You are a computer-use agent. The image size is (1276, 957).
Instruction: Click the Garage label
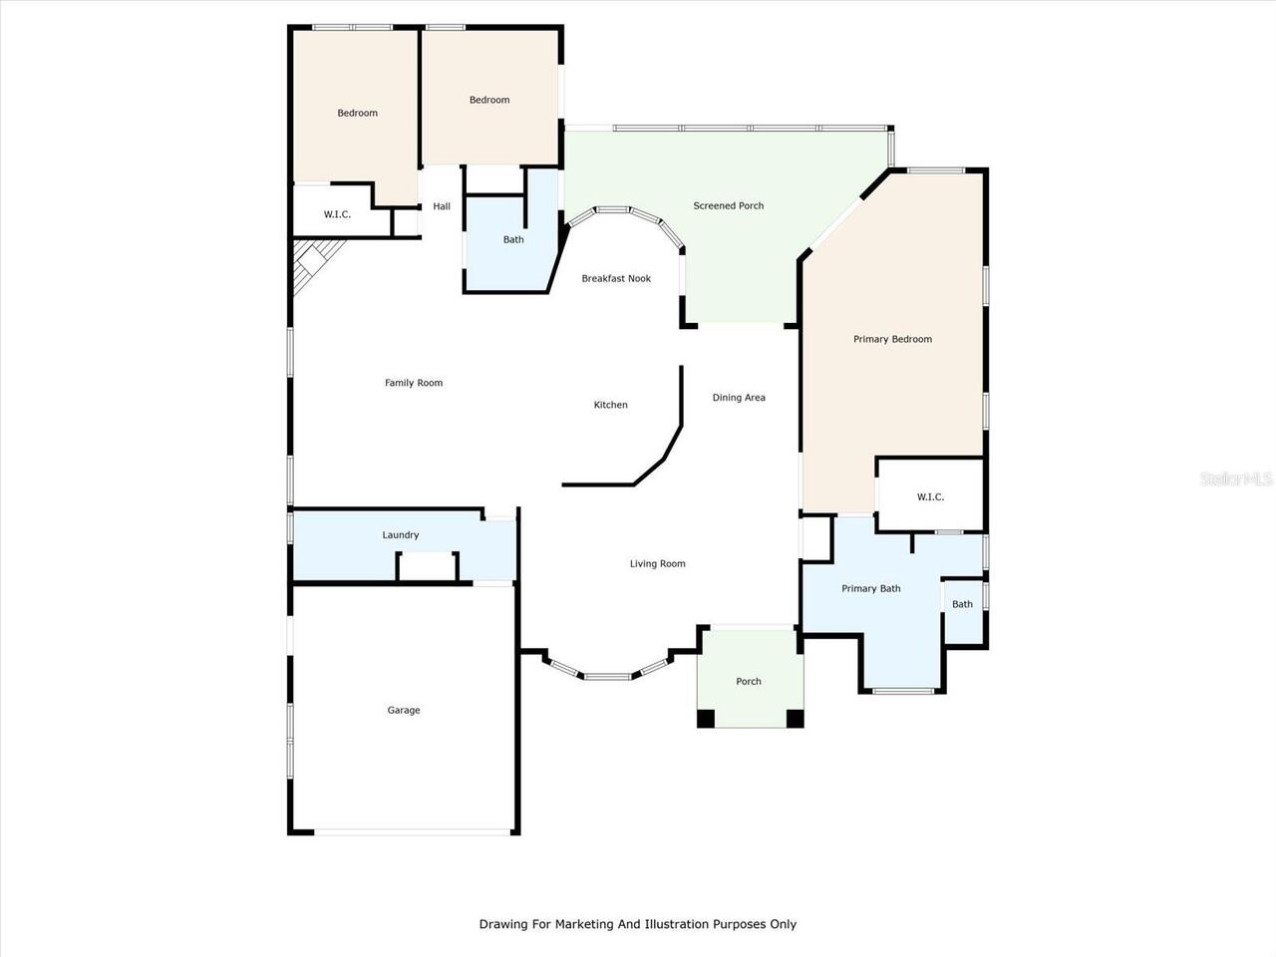coord(404,711)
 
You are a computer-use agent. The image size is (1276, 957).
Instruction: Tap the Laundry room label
coord(401,535)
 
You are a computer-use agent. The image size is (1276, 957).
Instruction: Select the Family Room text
coord(414,383)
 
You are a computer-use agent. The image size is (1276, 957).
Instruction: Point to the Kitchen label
coord(611,405)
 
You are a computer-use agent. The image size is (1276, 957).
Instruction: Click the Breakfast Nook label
coord(616,279)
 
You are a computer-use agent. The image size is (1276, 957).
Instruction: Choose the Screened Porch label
coord(729,206)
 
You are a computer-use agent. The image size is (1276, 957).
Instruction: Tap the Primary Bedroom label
coord(892,340)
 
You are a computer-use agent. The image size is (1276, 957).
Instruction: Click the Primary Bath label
coord(870,589)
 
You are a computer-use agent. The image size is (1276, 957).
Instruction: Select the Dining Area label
coord(739,398)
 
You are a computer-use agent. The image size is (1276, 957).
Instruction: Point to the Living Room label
coord(657,564)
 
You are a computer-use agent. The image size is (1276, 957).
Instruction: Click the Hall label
coord(442,207)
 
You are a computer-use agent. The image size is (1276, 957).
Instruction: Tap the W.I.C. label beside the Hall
coord(337,215)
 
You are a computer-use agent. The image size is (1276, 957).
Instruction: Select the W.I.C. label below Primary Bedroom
coord(930,497)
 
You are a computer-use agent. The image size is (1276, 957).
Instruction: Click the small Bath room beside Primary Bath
coord(963,605)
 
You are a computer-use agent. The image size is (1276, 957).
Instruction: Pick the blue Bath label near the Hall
coord(513,240)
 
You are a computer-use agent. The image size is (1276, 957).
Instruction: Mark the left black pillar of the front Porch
coord(706,718)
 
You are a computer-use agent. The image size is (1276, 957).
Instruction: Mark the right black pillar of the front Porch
coord(795,718)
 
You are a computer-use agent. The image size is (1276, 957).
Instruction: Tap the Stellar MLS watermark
coord(1236,479)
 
